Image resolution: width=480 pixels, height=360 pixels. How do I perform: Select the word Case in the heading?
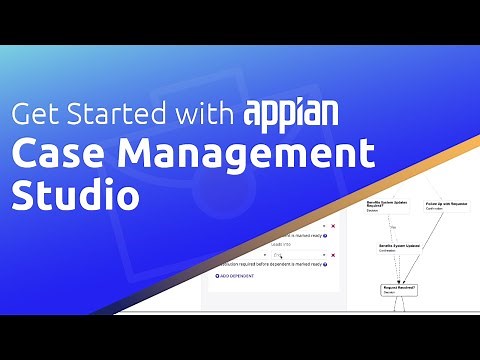coord(57,154)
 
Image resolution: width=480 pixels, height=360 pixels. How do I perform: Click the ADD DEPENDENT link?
coord(231,276)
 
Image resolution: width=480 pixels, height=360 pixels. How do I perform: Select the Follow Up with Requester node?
coord(447,207)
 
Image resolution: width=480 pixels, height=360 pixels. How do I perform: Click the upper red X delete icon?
coord(333,227)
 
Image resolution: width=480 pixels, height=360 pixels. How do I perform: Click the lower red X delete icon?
coord(333,254)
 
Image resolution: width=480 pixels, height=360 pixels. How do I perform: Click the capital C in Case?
coord(23,154)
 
